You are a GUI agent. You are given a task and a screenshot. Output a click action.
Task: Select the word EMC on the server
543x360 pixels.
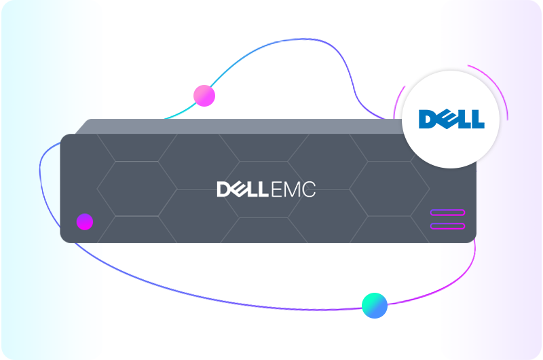coord(295,190)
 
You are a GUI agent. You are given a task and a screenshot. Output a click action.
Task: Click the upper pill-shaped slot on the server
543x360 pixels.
coord(447,213)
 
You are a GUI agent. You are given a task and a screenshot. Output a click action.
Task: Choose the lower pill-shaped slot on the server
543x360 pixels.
coord(447,226)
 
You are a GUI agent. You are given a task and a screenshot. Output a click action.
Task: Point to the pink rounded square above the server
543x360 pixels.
coord(206,96)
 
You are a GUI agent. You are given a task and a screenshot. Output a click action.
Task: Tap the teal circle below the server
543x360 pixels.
coord(375,305)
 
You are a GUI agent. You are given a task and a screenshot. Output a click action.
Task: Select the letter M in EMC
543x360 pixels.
coord(293,190)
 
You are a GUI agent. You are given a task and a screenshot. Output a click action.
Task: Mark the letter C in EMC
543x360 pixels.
coord(309,190)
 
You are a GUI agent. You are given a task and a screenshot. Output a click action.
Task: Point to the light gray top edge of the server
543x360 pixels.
coord(238,126)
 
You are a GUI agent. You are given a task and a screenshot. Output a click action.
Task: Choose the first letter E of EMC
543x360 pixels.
coord(279,190)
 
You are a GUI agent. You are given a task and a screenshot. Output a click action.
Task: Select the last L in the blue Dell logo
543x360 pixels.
coord(477,120)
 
